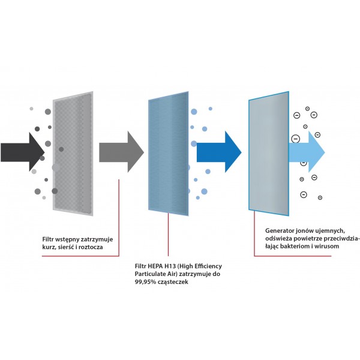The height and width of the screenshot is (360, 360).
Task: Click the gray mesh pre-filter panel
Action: (73, 155)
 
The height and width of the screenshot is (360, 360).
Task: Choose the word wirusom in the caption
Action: (341, 247)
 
